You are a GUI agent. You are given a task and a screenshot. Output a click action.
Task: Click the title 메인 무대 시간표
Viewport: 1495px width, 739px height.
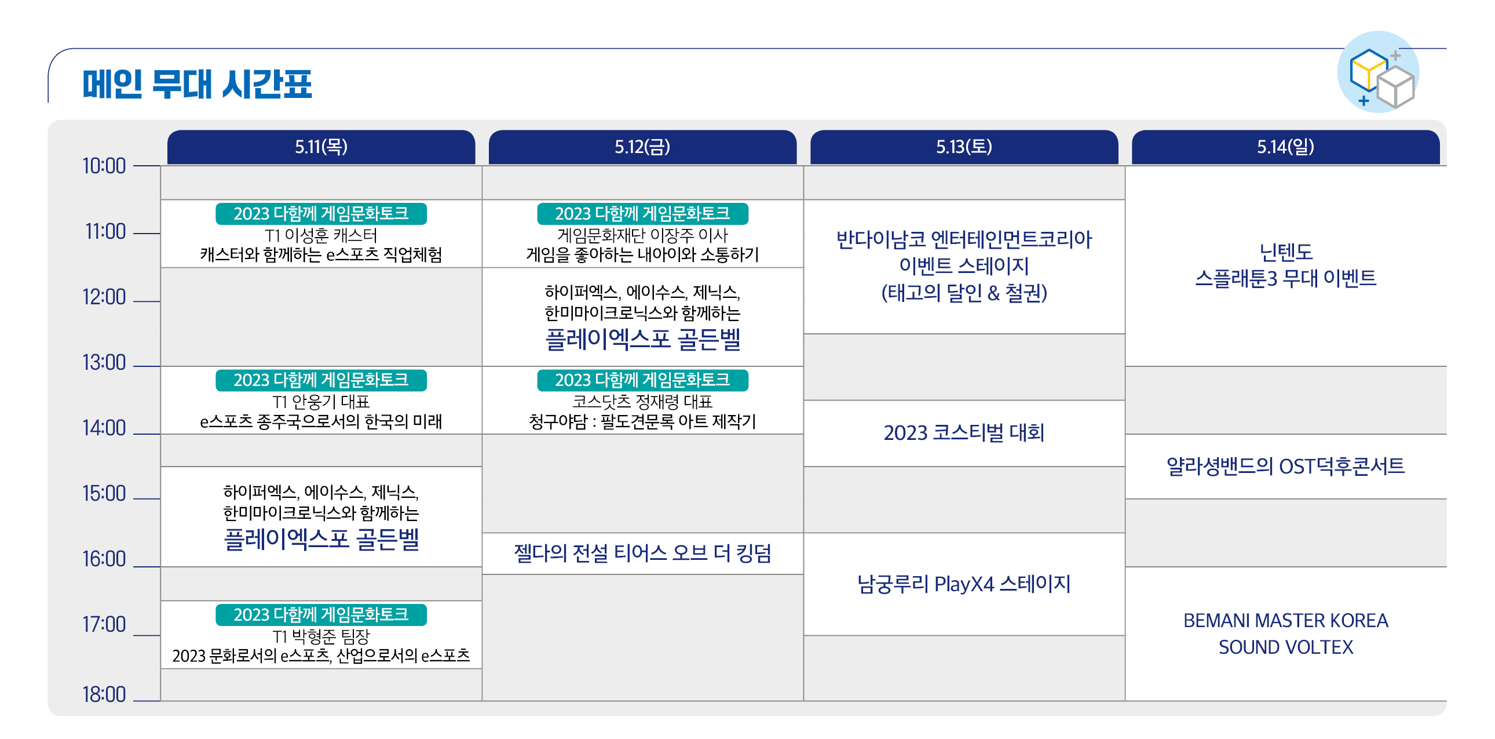click(198, 84)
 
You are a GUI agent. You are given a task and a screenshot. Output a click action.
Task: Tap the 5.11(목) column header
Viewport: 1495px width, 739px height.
click(321, 147)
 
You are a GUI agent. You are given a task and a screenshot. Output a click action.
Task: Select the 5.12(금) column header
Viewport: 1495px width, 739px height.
click(642, 147)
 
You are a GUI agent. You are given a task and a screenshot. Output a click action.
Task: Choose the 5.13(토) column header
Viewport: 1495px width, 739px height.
click(964, 147)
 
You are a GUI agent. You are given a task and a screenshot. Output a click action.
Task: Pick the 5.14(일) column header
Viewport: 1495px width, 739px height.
click(1285, 147)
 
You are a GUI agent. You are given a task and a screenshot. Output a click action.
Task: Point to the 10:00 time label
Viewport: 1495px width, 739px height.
click(104, 166)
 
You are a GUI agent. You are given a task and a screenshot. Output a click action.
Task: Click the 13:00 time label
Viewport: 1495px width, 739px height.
click(104, 362)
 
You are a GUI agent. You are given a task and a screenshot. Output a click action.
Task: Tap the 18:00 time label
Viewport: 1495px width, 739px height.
click(104, 694)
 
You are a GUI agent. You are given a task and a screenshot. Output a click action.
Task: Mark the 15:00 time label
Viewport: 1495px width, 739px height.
click(104, 493)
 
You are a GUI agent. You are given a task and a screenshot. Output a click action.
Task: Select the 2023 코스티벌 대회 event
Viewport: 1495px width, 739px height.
click(964, 433)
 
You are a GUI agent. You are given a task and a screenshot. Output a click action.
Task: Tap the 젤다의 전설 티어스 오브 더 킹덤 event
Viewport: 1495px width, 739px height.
click(642, 553)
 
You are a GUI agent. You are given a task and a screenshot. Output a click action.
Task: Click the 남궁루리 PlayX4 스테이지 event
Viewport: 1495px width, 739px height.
click(964, 584)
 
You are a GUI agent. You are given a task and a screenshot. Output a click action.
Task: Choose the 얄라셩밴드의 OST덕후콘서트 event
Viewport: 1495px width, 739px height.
click(1285, 466)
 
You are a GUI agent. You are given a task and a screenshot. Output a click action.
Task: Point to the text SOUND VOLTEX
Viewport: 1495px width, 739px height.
click(1285, 647)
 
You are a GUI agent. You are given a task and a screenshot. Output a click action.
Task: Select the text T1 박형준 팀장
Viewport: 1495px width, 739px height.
click(321, 637)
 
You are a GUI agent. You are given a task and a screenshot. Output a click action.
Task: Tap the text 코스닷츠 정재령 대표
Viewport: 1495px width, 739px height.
click(642, 402)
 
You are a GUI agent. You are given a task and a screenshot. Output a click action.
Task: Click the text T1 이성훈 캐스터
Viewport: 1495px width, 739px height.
click(321, 235)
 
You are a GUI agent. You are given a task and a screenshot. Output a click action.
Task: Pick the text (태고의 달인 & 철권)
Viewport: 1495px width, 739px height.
click(964, 293)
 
